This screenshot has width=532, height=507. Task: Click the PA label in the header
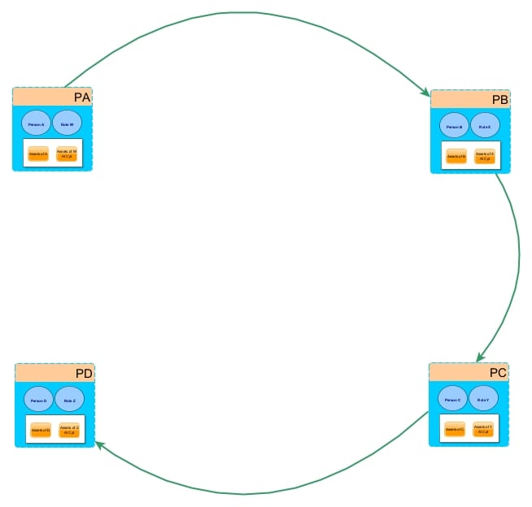click(81, 97)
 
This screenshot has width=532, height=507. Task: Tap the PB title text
click(499, 100)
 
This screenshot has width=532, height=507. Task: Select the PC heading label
click(498, 373)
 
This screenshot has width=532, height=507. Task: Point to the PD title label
click(84, 374)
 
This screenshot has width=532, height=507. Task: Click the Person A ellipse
click(36, 123)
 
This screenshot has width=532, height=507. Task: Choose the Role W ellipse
click(67, 123)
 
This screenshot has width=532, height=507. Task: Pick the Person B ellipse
click(454, 127)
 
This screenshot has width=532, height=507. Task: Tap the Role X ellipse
click(485, 127)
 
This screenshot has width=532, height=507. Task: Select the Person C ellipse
click(452, 399)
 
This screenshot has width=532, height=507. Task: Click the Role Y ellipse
click(483, 399)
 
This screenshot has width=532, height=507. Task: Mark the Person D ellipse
click(39, 401)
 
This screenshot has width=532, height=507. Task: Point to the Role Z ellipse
click(69, 401)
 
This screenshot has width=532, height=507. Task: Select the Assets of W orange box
click(67, 154)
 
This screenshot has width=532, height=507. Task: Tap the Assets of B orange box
click(456, 156)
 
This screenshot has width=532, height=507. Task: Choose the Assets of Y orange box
click(483, 428)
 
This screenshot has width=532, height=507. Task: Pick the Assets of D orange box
click(41, 429)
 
